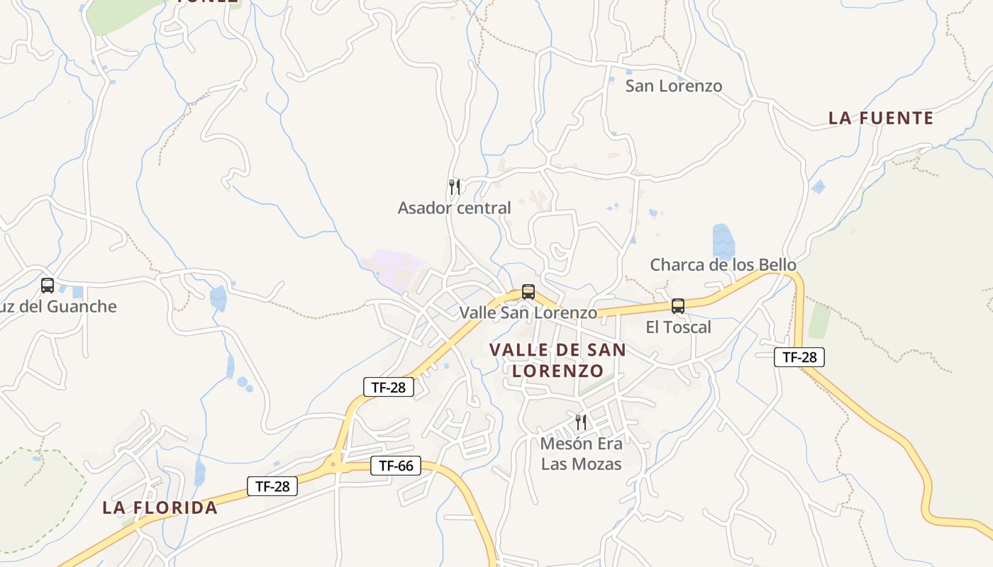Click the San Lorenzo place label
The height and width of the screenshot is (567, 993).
[673, 86]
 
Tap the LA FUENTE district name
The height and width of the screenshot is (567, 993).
[881, 118]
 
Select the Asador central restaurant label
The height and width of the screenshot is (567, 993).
[454, 208]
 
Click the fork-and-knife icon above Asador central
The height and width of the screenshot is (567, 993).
[455, 186]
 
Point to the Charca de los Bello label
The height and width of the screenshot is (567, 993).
[723, 265]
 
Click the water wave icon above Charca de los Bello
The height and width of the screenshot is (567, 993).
[723, 240]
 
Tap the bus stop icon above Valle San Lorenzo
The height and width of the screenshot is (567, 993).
[528, 291]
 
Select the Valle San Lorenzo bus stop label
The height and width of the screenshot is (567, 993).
[528, 313]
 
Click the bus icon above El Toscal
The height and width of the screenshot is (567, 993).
[678, 306]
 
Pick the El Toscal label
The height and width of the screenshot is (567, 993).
[678, 327]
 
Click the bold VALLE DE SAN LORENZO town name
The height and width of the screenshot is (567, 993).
[557, 360]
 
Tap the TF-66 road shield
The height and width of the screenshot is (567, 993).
[396, 466]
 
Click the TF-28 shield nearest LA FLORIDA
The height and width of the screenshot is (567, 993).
[272, 486]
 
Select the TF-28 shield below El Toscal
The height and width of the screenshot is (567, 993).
[799, 357]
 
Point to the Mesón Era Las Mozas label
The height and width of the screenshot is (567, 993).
[581, 454]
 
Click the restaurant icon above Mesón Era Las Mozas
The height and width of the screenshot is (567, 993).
[581, 422]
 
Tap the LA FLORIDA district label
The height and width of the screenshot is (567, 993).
[160, 507]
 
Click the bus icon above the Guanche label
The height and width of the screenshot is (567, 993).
[48, 286]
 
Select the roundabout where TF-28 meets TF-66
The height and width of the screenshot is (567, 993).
[333, 465]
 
